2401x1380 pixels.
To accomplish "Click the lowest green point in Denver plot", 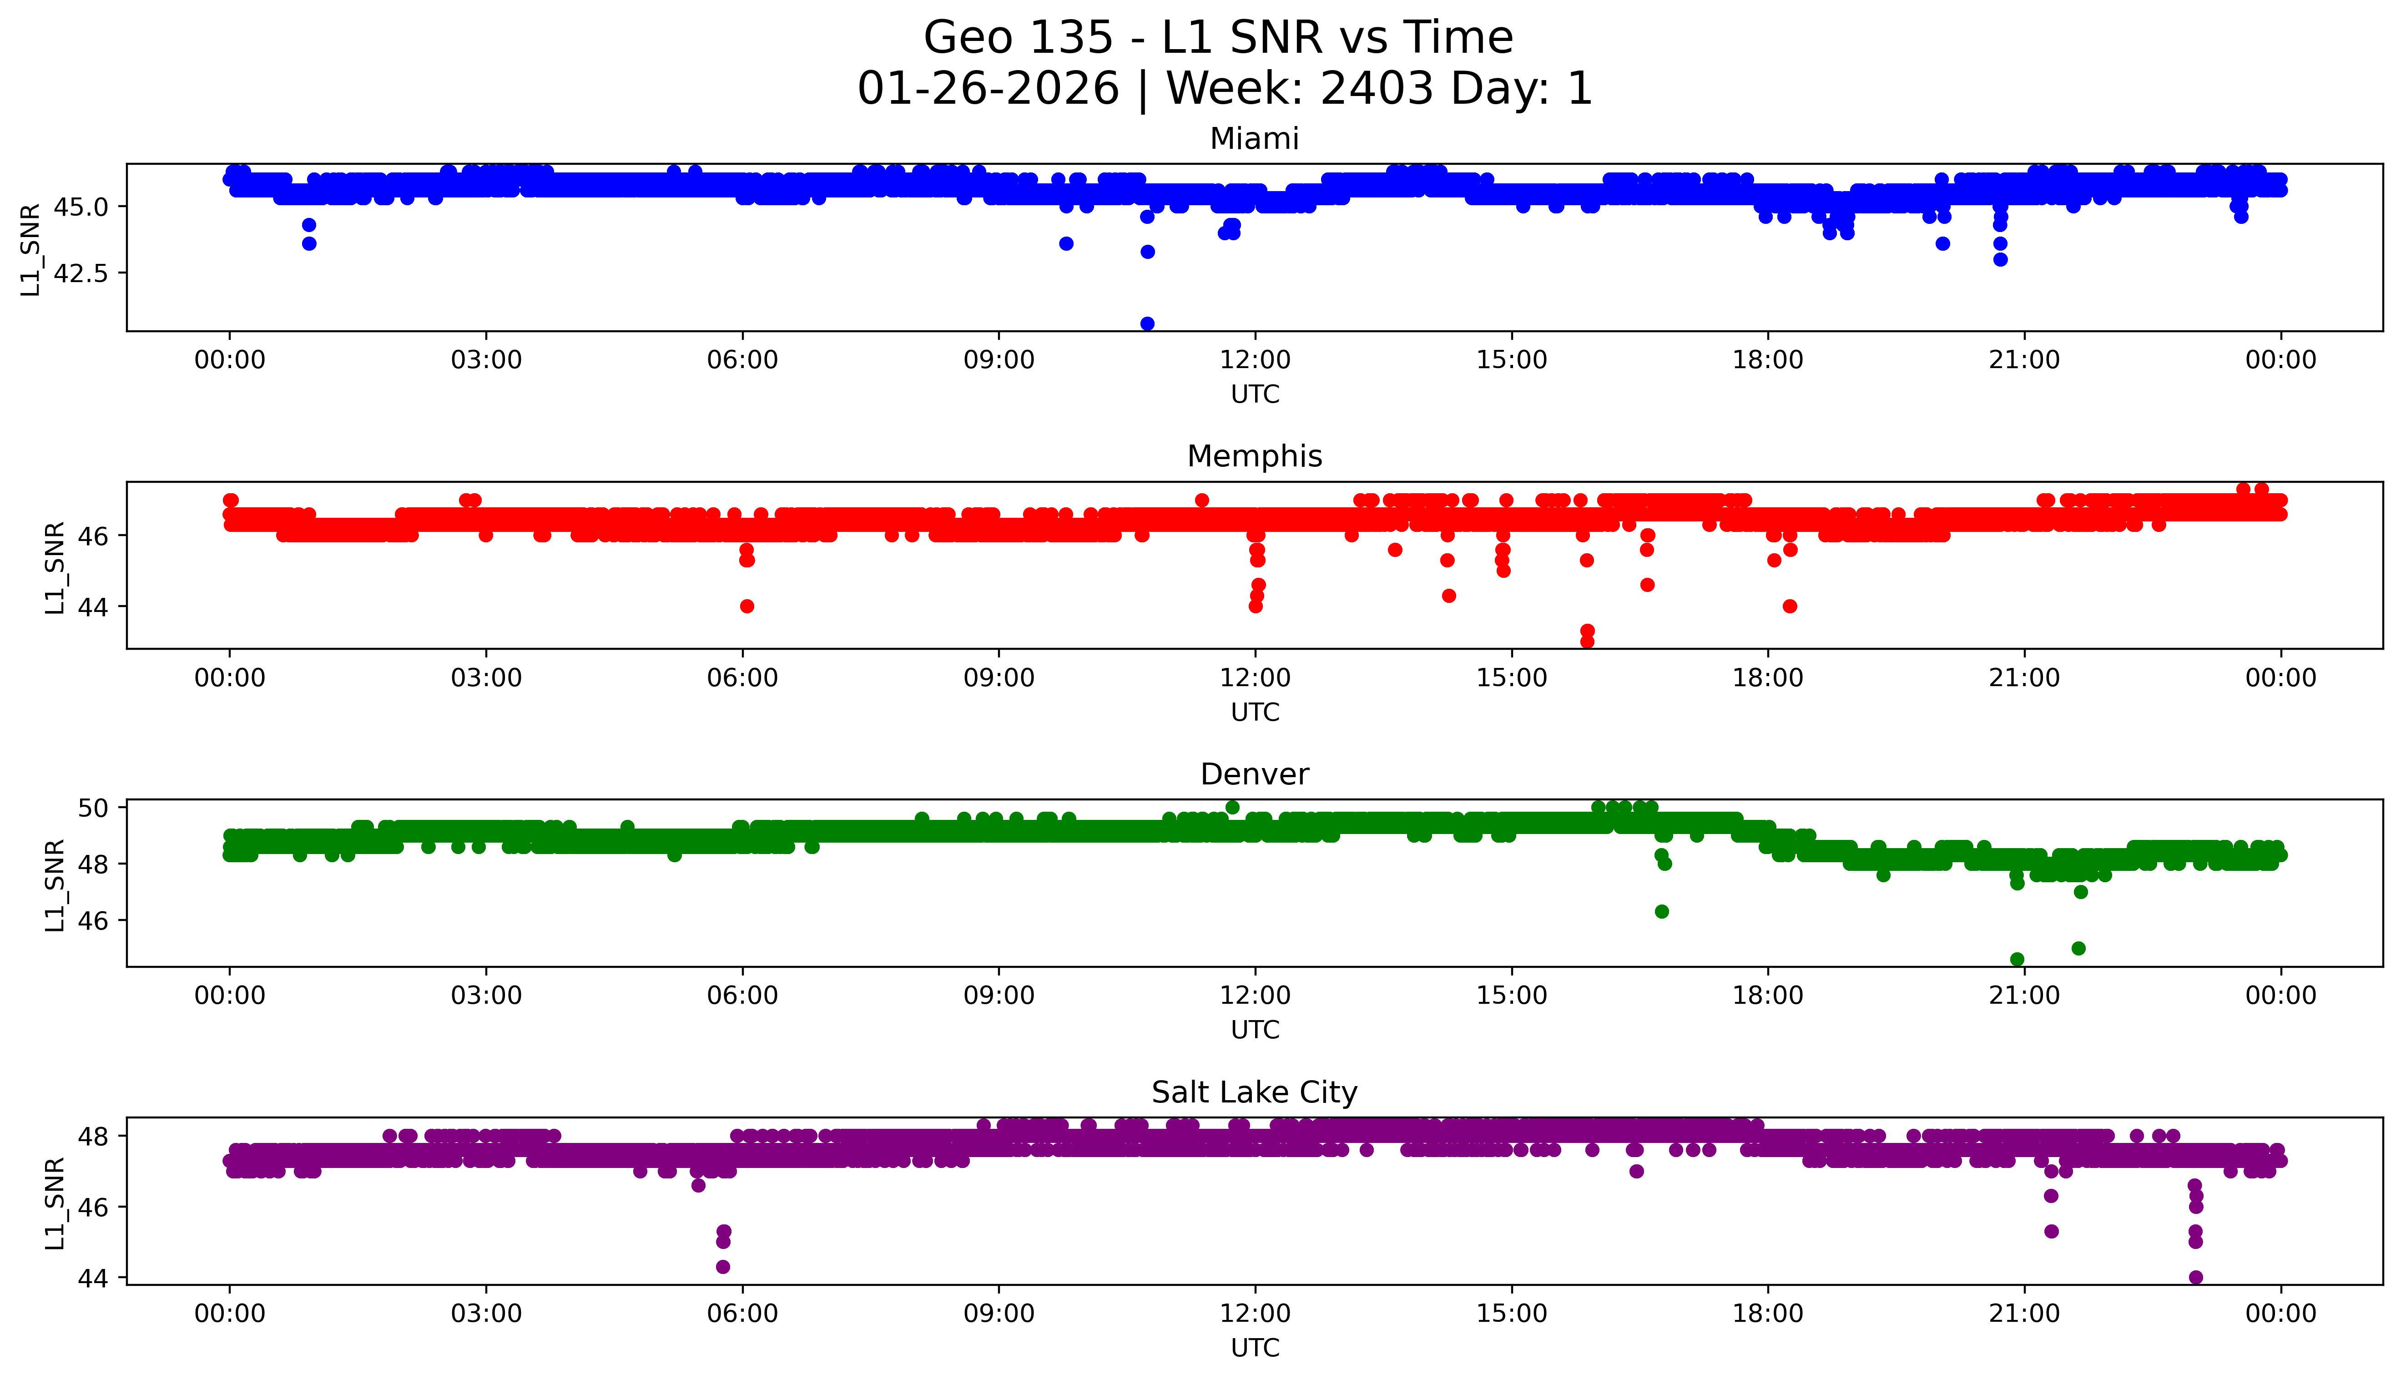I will coord(2017,959).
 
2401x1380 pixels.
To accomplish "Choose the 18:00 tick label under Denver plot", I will coord(1768,996).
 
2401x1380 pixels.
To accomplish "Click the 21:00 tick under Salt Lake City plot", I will coord(2025,1314).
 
